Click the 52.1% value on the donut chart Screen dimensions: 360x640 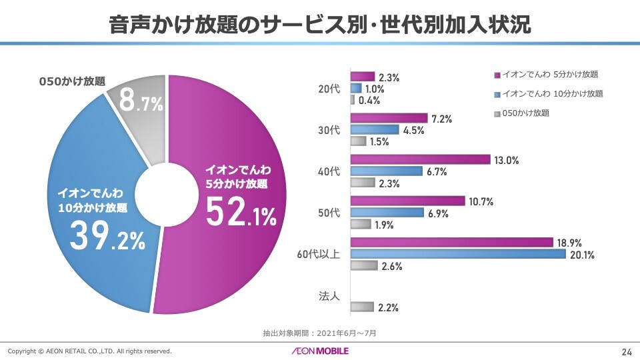240,212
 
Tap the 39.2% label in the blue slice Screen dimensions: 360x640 107,238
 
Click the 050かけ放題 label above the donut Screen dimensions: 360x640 72,81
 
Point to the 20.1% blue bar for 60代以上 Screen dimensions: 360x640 458,253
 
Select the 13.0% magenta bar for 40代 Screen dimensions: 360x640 421,159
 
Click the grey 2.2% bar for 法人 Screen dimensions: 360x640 362,307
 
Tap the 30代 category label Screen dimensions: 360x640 329,129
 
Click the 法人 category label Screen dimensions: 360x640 329,296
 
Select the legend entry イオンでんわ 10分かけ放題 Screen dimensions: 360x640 551,93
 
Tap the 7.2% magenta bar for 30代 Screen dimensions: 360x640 389,118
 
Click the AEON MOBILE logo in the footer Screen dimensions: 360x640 319,351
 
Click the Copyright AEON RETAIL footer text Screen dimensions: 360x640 89,351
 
